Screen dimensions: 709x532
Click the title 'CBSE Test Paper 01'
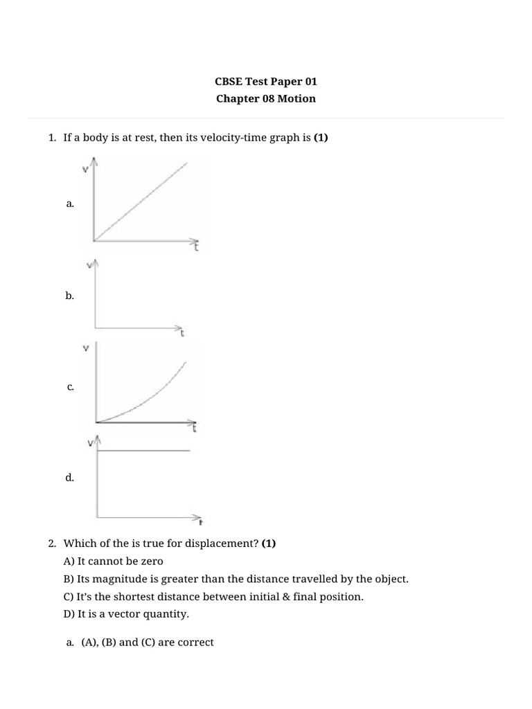[265, 81]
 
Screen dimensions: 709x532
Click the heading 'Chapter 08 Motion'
[265, 98]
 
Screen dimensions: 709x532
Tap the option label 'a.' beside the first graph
[70, 204]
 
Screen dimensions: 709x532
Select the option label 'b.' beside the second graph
[70, 296]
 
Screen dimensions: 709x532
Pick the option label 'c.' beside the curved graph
[71, 388]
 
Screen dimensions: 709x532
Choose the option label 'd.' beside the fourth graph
[70, 478]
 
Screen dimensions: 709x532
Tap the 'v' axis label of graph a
[85, 170]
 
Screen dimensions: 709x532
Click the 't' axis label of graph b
[182, 333]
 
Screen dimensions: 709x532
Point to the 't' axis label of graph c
[195, 429]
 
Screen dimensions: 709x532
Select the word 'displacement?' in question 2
[227, 544]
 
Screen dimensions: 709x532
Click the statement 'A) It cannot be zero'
[113, 561]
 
